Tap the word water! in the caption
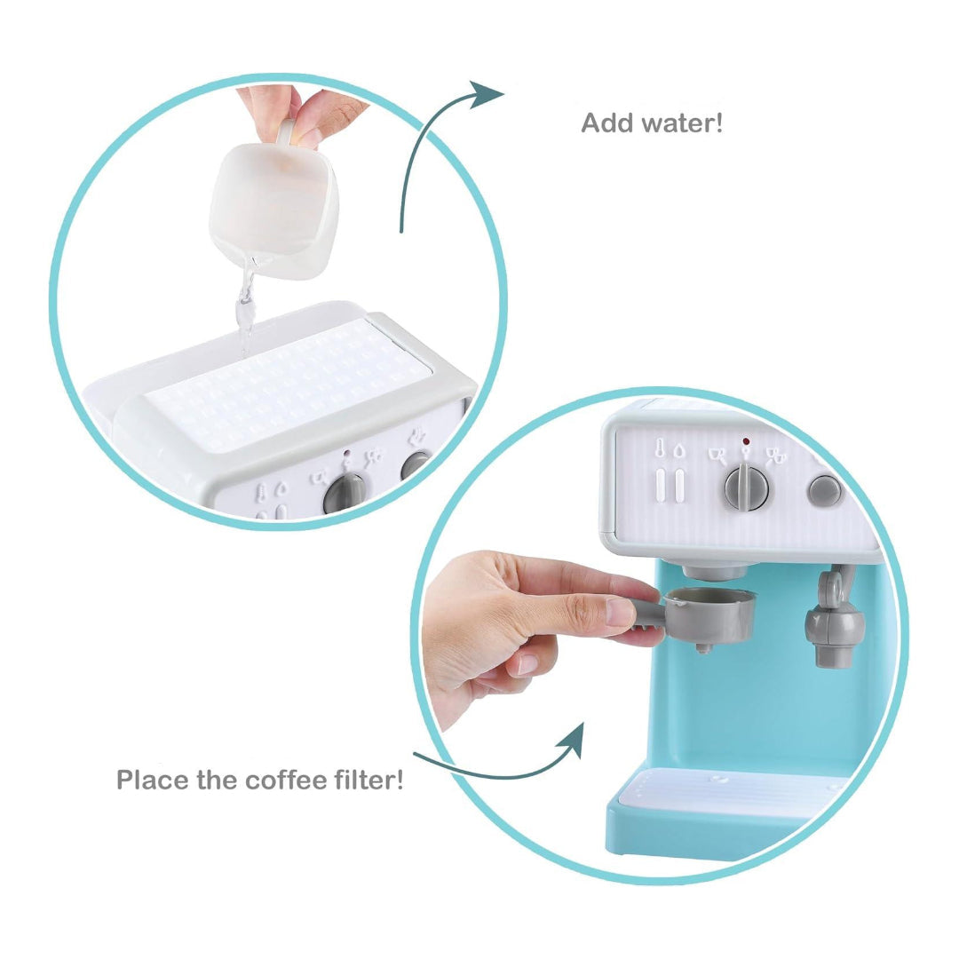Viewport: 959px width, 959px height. tap(681, 123)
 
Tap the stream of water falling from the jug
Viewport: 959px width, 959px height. tap(243, 311)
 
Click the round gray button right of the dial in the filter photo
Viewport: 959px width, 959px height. tap(825, 490)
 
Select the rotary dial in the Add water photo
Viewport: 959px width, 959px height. tap(345, 493)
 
